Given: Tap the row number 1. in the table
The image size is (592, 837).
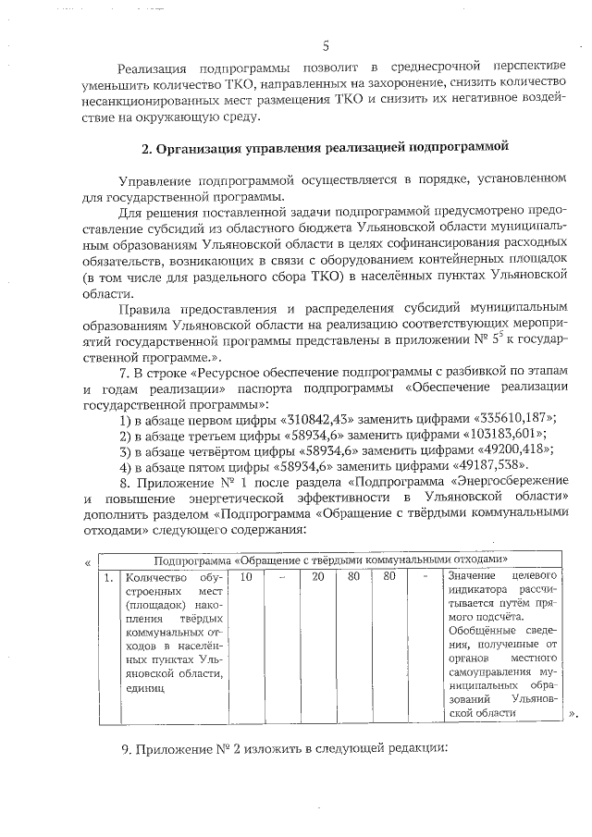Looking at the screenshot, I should coord(108,577).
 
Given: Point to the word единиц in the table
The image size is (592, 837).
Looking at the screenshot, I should coord(144,688).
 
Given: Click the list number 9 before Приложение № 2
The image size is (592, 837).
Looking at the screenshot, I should coord(125,748).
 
